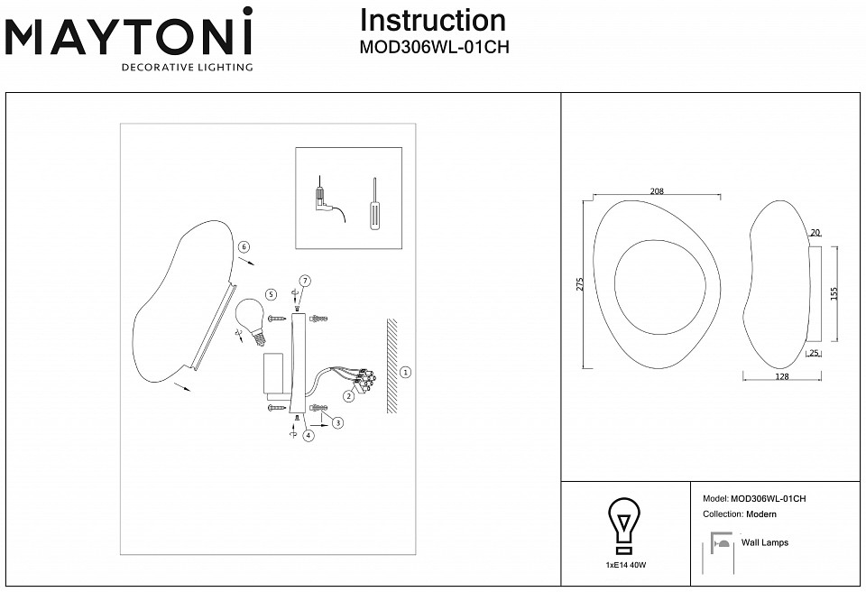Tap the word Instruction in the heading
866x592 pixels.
(x=432, y=21)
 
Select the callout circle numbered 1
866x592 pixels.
(x=405, y=371)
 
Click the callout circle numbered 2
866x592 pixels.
(x=348, y=395)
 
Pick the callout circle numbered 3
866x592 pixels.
(x=336, y=422)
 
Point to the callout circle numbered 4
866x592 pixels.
(x=309, y=436)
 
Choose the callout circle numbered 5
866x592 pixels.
(x=270, y=294)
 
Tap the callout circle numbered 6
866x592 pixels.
(x=244, y=247)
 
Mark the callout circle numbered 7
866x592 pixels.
(x=305, y=282)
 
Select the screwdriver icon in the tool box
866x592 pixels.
(x=373, y=208)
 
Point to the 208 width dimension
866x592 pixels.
(x=657, y=190)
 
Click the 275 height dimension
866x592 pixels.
(x=580, y=284)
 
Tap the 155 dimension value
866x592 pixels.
(x=834, y=293)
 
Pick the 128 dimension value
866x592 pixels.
(x=782, y=377)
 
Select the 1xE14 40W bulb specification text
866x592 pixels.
(x=626, y=564)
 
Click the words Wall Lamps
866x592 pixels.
(x=764, y=542)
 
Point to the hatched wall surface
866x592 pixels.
(x=392, y=365)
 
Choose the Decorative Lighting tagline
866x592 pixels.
(x=187, y=67)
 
